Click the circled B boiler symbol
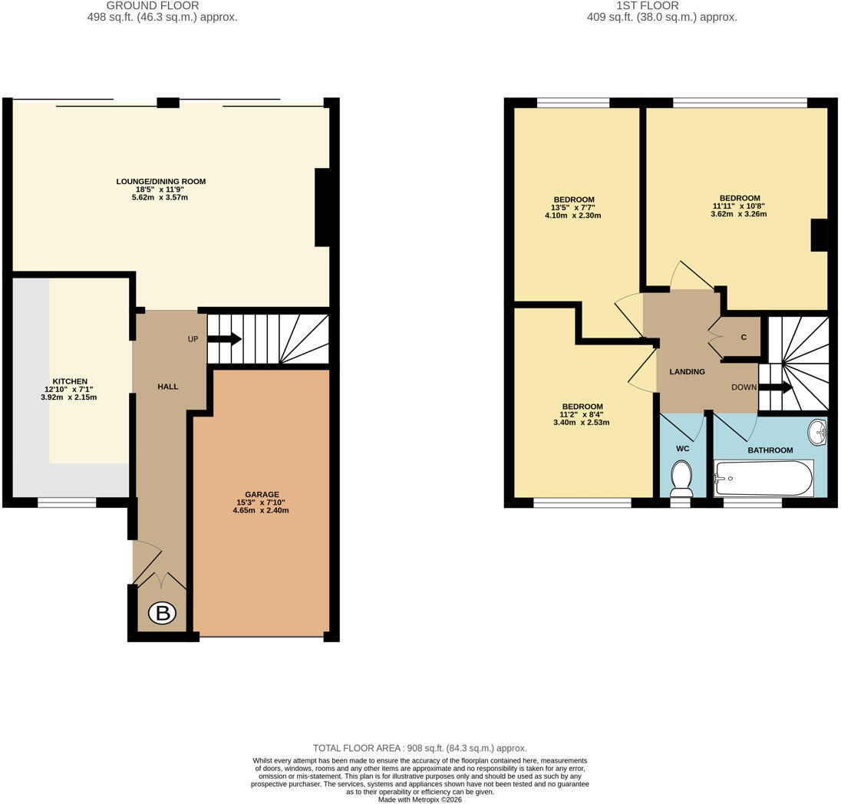click(162, 612)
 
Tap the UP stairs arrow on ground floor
click(224, 339)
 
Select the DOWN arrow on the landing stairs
click(775, 387)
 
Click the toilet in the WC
click(681, 479)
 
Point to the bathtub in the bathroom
click(763, 478)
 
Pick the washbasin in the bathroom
click(818, 433)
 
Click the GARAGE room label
click(262, 495)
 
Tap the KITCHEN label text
click(70, 381)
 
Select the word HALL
click(168, 386)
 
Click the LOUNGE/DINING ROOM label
click(161, 181)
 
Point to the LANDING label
click(687, 371)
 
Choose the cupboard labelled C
click(744, 337)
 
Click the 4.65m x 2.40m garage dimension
click(261, 511)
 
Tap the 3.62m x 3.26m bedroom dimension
click(738, 214)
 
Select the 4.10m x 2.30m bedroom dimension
click(573, 216)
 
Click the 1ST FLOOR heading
click(648, 6)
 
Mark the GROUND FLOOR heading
click(153, 6)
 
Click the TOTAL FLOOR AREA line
click(420, 748)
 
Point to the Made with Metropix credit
click(420, 799)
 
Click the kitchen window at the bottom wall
click(67, 502)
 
